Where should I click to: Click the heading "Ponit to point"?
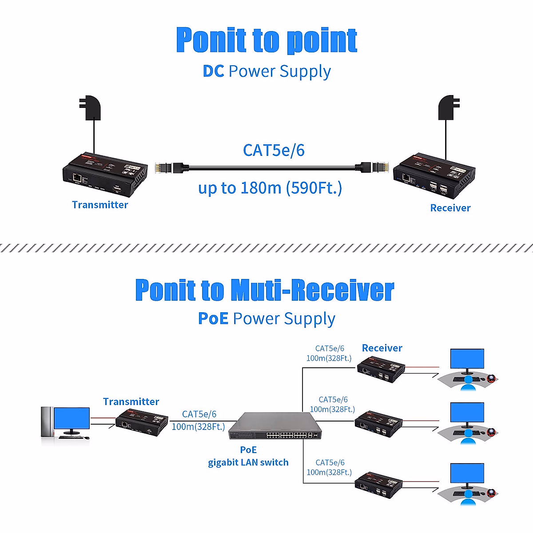tap(266, 40)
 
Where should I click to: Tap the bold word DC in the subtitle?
tap(213, 72)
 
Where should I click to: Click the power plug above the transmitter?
tap(91, 107)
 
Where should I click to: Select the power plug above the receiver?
tap(449, 107)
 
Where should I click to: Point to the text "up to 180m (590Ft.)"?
tap(270, 188)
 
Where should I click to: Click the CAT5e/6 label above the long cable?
tap(274, 150)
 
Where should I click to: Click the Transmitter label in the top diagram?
tap(100, 205)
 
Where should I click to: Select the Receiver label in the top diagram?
tap(450, 208)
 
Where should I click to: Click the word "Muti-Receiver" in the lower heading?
tap(312, 290)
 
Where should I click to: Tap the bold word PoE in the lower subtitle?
tap(213, 318)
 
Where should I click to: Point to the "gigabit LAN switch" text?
tap(248, 462)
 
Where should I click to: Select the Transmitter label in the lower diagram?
tap(131, 402)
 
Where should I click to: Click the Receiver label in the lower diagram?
tap(382, 348)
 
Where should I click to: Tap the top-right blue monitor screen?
tap(467, 359)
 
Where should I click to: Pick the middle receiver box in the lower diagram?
tap(378, 422)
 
